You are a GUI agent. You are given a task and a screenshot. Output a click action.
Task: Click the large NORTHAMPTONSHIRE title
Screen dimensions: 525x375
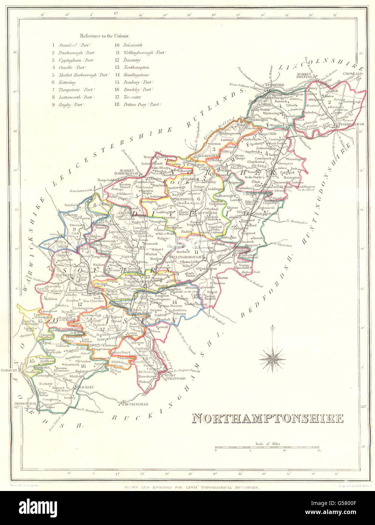pos(268,418)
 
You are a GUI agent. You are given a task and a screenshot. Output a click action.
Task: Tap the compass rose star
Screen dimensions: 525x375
pos(272,358)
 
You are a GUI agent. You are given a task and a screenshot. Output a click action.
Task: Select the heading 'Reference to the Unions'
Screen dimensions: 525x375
pos(104,36)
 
